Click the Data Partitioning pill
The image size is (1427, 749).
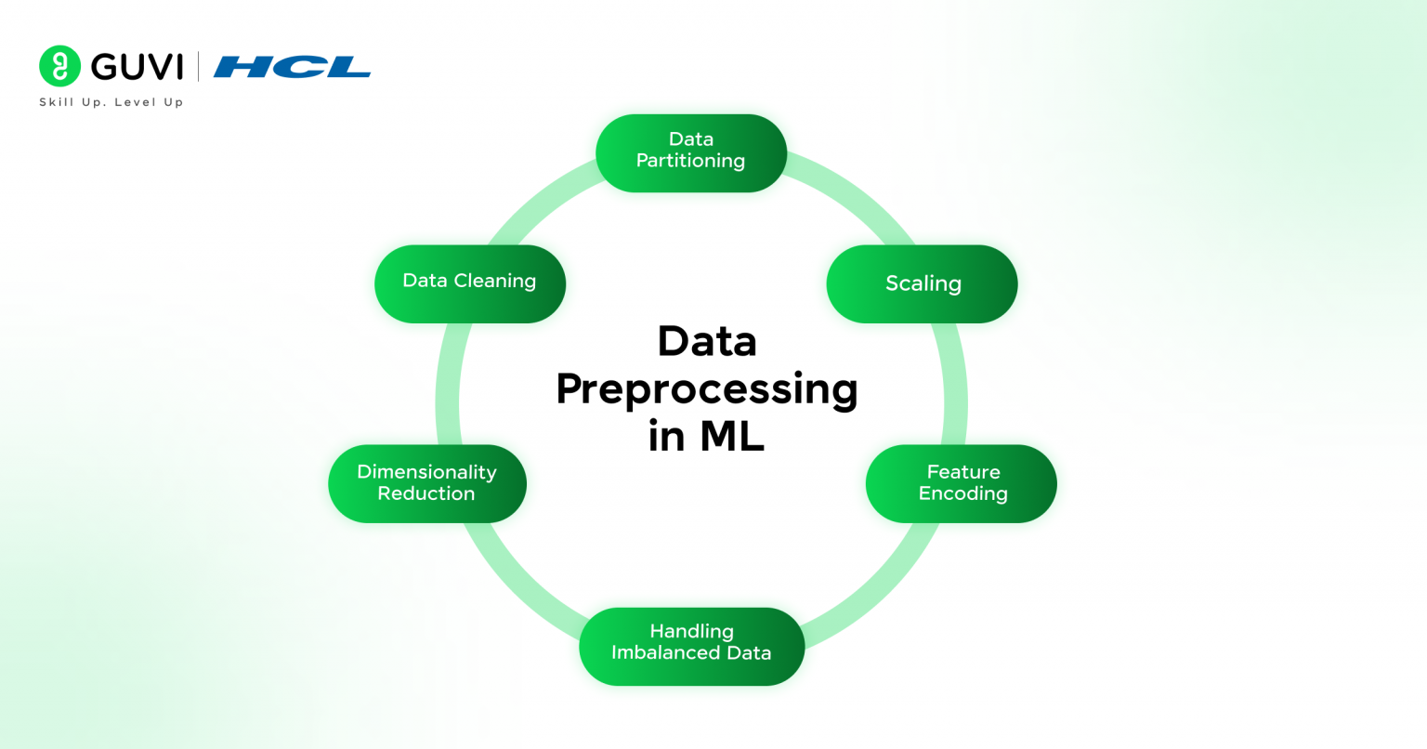click(x=691, y=153)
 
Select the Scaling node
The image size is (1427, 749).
click(x=922, y=283)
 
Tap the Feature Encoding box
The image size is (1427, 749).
click(x=962, y=483)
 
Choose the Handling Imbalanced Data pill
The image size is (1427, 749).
click(x=691, y=646)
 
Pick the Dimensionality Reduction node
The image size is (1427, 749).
click(x=426, y=483)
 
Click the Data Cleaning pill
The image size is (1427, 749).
click(x=469, y=283)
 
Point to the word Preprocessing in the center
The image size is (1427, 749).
click(x=706, y=389)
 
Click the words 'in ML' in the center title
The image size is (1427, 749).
click(x=706, y=436)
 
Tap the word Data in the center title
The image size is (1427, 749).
click(x=706, y=341)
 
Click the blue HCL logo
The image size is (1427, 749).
click(x=292, y=67)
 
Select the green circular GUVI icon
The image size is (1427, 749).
click(x=59, y=66)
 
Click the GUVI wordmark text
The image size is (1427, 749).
click(x=137, y=67)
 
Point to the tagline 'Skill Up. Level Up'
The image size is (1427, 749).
click(x=111, y=102)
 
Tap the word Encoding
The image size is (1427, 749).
click(x=962, y=494)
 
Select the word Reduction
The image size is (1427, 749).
click(x=425, y=494)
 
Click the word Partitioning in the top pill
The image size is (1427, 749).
click(x=690, y=162)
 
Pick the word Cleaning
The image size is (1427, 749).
click(x=494, y=282)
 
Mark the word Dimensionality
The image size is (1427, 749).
click(x=426, y=472)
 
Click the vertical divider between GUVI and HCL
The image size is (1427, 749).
click(x=198, y=67)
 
